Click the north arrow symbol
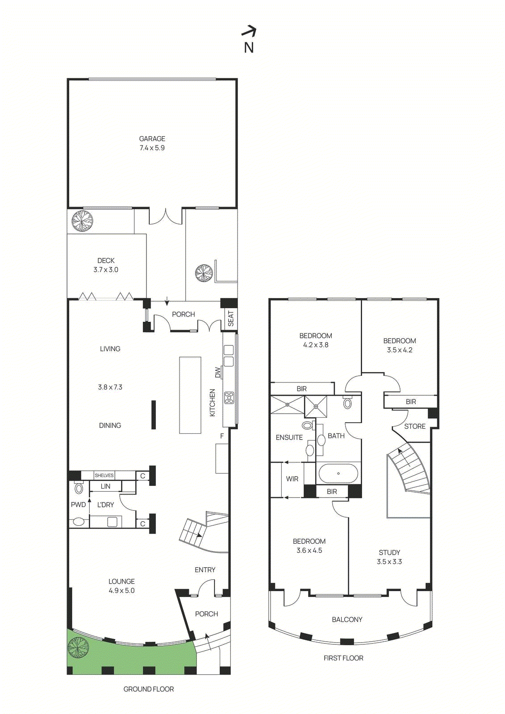(x=249, y=31)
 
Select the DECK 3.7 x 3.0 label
(x=106, y=265)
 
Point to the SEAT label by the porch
(x=230, y=318)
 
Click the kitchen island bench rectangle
(x=190, y=395)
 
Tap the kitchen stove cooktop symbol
(x=229, y=397)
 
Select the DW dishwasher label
(x=218, y=372)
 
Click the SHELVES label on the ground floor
(x=104, y=475)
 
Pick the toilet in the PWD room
(x=79, y=488)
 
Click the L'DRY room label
(x=105, y=505)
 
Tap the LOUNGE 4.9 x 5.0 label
(x=121, y=586)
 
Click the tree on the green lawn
(x=78, y=648)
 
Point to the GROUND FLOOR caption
(x=149, y=689)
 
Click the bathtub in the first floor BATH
(x=338, y=473)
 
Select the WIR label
(x=292, y=479)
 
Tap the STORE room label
(x=415, y=426)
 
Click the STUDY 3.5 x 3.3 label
(x=389, y=557)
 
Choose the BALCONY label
(x=347, y=619)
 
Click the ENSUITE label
(x=289, y=437)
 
